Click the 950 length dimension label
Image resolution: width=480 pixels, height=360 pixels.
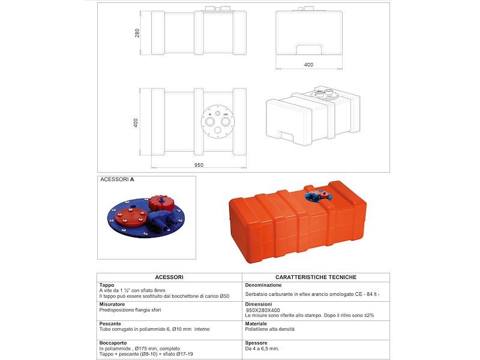[199, 165]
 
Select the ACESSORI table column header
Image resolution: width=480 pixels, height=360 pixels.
[169, 277]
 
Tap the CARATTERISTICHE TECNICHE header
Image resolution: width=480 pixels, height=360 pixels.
[316, 277]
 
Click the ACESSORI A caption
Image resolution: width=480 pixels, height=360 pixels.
[117, 179]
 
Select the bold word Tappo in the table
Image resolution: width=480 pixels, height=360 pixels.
[106, 285]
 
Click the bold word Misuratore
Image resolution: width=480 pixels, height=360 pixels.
[112, 305]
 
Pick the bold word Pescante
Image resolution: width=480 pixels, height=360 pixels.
[110, 324]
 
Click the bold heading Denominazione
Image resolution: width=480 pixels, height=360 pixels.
[263, 285]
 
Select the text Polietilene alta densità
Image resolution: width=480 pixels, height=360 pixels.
[270, 329]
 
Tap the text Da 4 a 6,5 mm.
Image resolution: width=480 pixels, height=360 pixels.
[262, 349]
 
